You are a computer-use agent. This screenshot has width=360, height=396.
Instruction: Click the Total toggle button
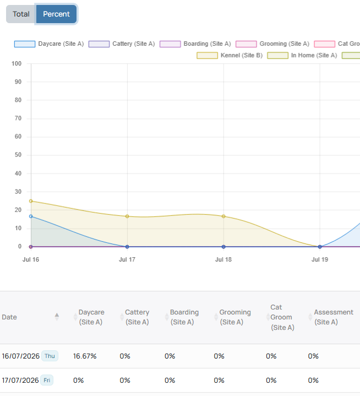[21, 14]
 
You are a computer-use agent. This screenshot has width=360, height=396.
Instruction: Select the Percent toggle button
[56, 14]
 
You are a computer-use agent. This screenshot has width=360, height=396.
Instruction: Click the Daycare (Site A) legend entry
[49, 44]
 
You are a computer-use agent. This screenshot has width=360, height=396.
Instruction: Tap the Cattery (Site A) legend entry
[122, 44]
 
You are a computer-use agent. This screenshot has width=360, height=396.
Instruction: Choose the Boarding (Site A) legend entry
[195, 44]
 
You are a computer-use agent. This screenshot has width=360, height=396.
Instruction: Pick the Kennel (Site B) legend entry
[230, 55]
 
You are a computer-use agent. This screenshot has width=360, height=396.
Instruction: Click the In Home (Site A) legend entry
[302, 55]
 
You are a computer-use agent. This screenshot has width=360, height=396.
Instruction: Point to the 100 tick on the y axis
[17, 64]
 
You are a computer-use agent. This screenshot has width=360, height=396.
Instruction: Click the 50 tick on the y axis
[18, 155]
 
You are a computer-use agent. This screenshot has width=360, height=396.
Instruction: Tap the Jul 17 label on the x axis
[127, 259]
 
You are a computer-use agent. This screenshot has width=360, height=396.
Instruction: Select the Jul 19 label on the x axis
[320, 259]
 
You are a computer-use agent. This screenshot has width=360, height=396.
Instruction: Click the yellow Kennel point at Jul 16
[31, 201]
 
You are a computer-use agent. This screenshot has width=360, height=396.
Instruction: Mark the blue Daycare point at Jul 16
[31, 216]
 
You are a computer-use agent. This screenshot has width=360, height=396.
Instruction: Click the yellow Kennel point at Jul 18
[223, 216]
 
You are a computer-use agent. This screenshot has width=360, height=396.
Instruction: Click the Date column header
[9, 317]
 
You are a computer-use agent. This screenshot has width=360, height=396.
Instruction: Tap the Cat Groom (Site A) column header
[282, 317]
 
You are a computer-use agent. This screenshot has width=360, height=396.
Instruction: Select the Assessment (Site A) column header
[334, 317]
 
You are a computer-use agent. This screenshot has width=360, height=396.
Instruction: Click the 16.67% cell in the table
[85, 356]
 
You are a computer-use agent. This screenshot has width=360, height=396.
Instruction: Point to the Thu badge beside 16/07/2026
[50, 356]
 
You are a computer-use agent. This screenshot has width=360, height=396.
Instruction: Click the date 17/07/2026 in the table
[20, 381]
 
